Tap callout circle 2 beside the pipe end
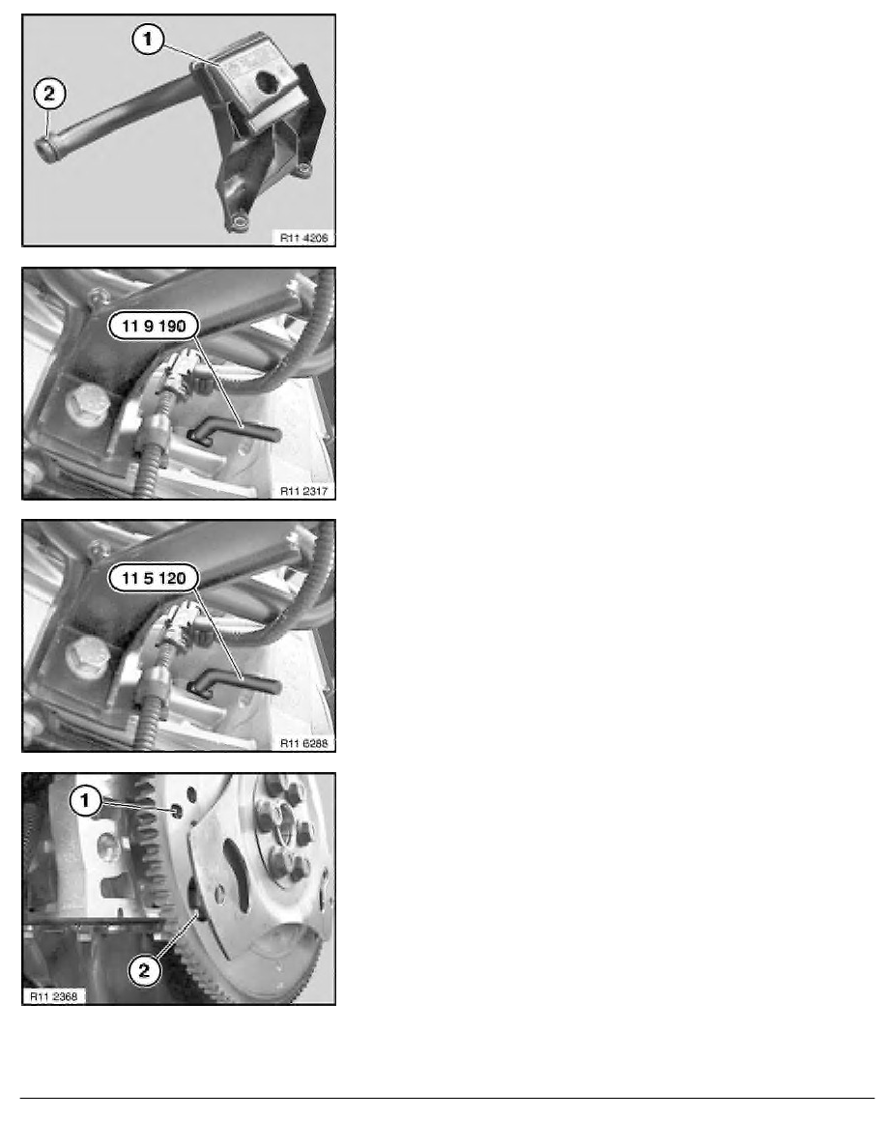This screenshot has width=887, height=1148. [x=49, y=95]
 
